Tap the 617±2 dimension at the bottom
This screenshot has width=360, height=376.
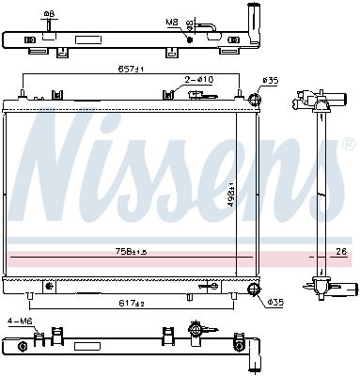click(131, 304)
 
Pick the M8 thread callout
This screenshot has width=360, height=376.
click(171, 21)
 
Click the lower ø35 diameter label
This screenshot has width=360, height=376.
click(274, 302)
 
